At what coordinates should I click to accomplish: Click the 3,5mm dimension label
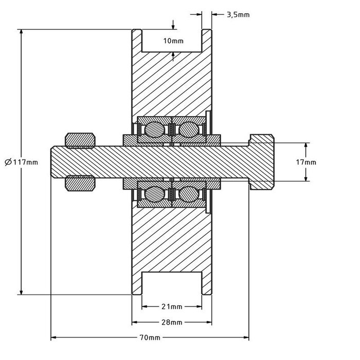point(238,15)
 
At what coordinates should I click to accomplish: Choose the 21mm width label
point(171,307)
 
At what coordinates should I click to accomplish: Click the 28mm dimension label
point(171,322)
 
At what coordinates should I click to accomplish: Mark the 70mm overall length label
point(150,338)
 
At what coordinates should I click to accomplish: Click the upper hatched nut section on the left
point(81,140)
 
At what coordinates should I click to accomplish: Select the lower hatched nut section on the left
point(81,183)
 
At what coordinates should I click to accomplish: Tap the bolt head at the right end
point(262,162)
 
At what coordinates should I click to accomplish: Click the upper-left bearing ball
point(154,129)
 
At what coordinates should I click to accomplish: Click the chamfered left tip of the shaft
point(53,162)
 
